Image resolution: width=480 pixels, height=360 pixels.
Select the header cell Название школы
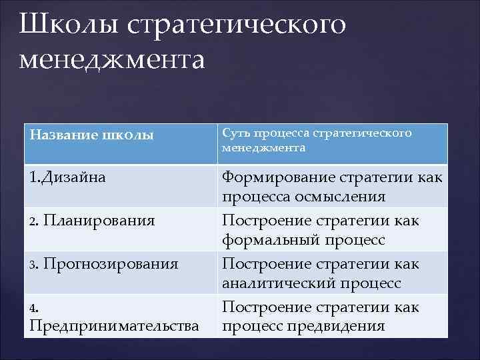point(92,135)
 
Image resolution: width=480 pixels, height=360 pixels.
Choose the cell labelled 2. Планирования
point(93,221)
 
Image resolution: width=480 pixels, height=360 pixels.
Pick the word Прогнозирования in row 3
point(111,263)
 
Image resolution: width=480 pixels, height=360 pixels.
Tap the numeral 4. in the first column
point(34,307)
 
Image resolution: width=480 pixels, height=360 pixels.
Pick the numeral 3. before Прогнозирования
point(34,264)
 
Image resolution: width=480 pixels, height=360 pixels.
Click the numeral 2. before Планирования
point(34,221)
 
